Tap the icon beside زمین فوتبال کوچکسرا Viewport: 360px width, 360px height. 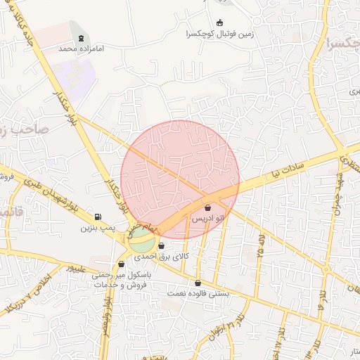219,22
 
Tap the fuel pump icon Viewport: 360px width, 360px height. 97,216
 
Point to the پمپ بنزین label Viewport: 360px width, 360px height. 97,227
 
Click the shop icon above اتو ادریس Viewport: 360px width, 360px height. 207,207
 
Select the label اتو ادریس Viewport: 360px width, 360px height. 209,220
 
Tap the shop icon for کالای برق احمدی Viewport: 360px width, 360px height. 162,246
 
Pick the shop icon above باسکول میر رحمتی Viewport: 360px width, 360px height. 122,264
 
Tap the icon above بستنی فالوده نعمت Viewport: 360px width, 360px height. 198,283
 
